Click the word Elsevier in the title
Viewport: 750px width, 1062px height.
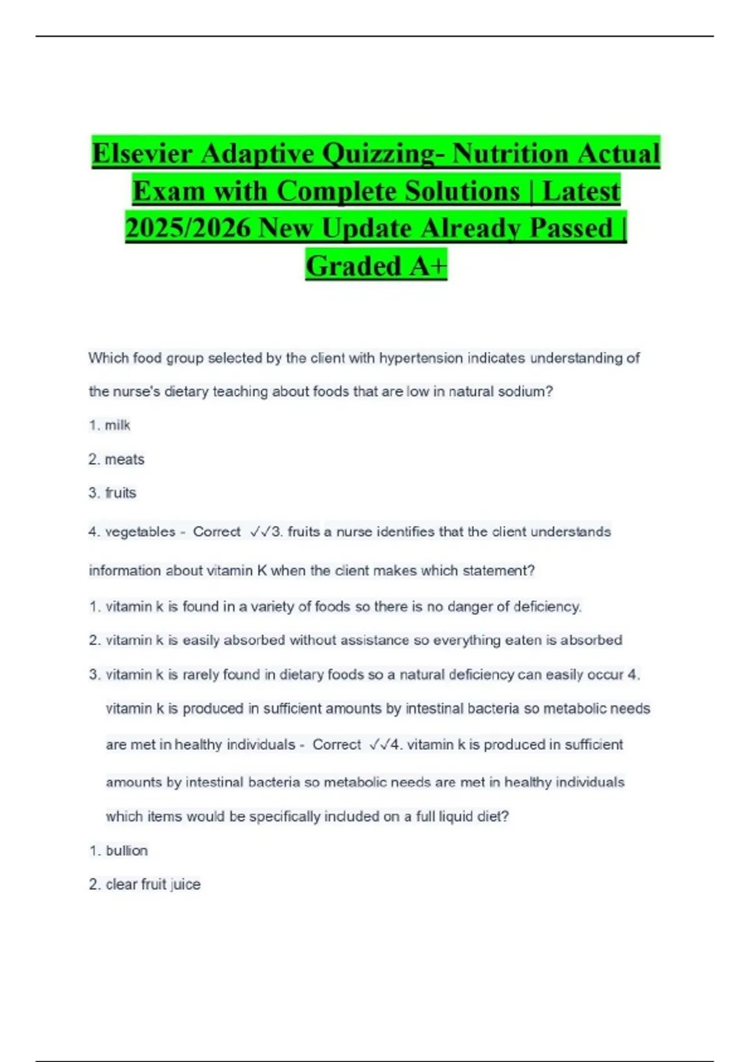pyautogui.click(x=142, y=154)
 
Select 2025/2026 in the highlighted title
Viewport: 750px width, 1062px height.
pyautogui.click(x=187, y=228)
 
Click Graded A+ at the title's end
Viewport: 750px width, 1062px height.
pyautogui.click(x=376, y=266)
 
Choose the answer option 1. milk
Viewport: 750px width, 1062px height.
pyautogui.click(x=110, y=425)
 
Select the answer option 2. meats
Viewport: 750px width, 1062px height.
pyautogui.click(x=117, y=460)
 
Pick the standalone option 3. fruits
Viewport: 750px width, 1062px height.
pyautogui.click(x=112, y=493)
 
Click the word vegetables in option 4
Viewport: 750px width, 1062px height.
pyautogui.click(x=141, y=532)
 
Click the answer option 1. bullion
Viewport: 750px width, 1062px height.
pyautogui.click(x=119, y=851)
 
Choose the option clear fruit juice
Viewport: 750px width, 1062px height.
pyautogui.click(x=152, y=885)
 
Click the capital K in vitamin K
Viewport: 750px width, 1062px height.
pyautogui.click(x=262, y=571)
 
